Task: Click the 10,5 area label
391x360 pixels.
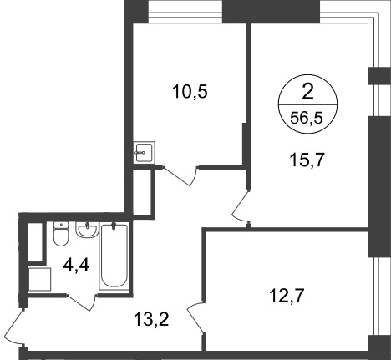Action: point(190,92)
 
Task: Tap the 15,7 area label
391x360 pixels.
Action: point(307,160)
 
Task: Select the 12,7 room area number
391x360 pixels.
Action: point(287,296)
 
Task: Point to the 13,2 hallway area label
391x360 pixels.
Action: point(151,319)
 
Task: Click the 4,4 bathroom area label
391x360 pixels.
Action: point(76,265)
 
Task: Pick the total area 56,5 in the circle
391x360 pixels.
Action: point(307,118)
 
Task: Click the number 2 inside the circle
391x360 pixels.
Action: point(307,92)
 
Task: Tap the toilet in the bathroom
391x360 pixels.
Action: point(61,234)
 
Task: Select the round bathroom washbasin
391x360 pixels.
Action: point(87,230)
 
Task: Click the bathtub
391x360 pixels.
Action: point(114,256)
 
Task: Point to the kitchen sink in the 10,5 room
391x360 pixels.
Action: point(144,152)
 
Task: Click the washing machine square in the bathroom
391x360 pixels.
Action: point(39,279)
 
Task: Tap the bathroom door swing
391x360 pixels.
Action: point(82,302)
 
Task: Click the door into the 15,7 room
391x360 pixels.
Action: point(241,206)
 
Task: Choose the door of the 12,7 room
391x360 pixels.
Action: point(195,317)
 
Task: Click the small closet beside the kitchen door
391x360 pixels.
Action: point(142,192)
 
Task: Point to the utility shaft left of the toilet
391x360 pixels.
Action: point(35,241)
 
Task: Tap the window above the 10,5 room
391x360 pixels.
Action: point(185,14)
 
